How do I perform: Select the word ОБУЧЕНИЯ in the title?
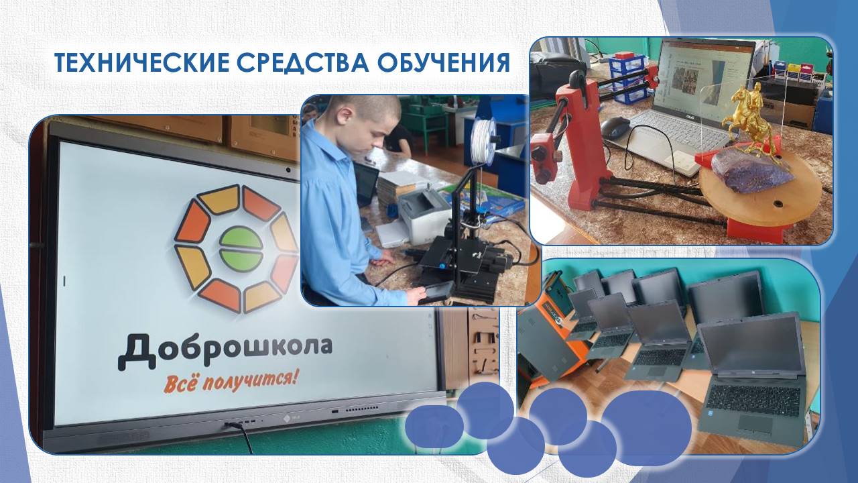[444, 62]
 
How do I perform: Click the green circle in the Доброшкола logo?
[241, 248]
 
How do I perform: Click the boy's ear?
[346, 114]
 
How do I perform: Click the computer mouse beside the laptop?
[615, 127]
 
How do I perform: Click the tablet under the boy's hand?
[433, 292]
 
